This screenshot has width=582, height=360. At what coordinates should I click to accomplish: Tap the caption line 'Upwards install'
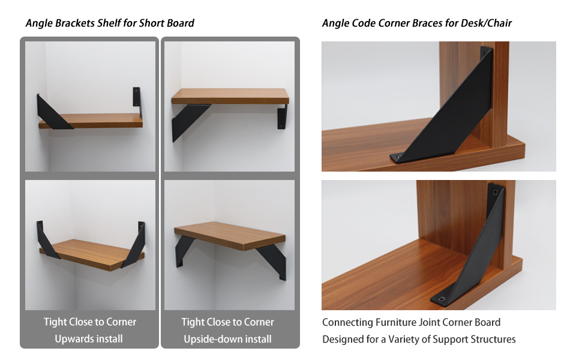click(89, 339)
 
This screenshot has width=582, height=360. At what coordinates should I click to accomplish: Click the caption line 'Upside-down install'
click(227, 339)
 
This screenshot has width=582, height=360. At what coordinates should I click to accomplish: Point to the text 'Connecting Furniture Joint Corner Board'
click(411, 322)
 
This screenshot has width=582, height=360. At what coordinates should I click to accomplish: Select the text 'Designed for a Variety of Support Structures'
click(419, 339)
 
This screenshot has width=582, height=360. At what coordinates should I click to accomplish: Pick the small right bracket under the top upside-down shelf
click(282, 116)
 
